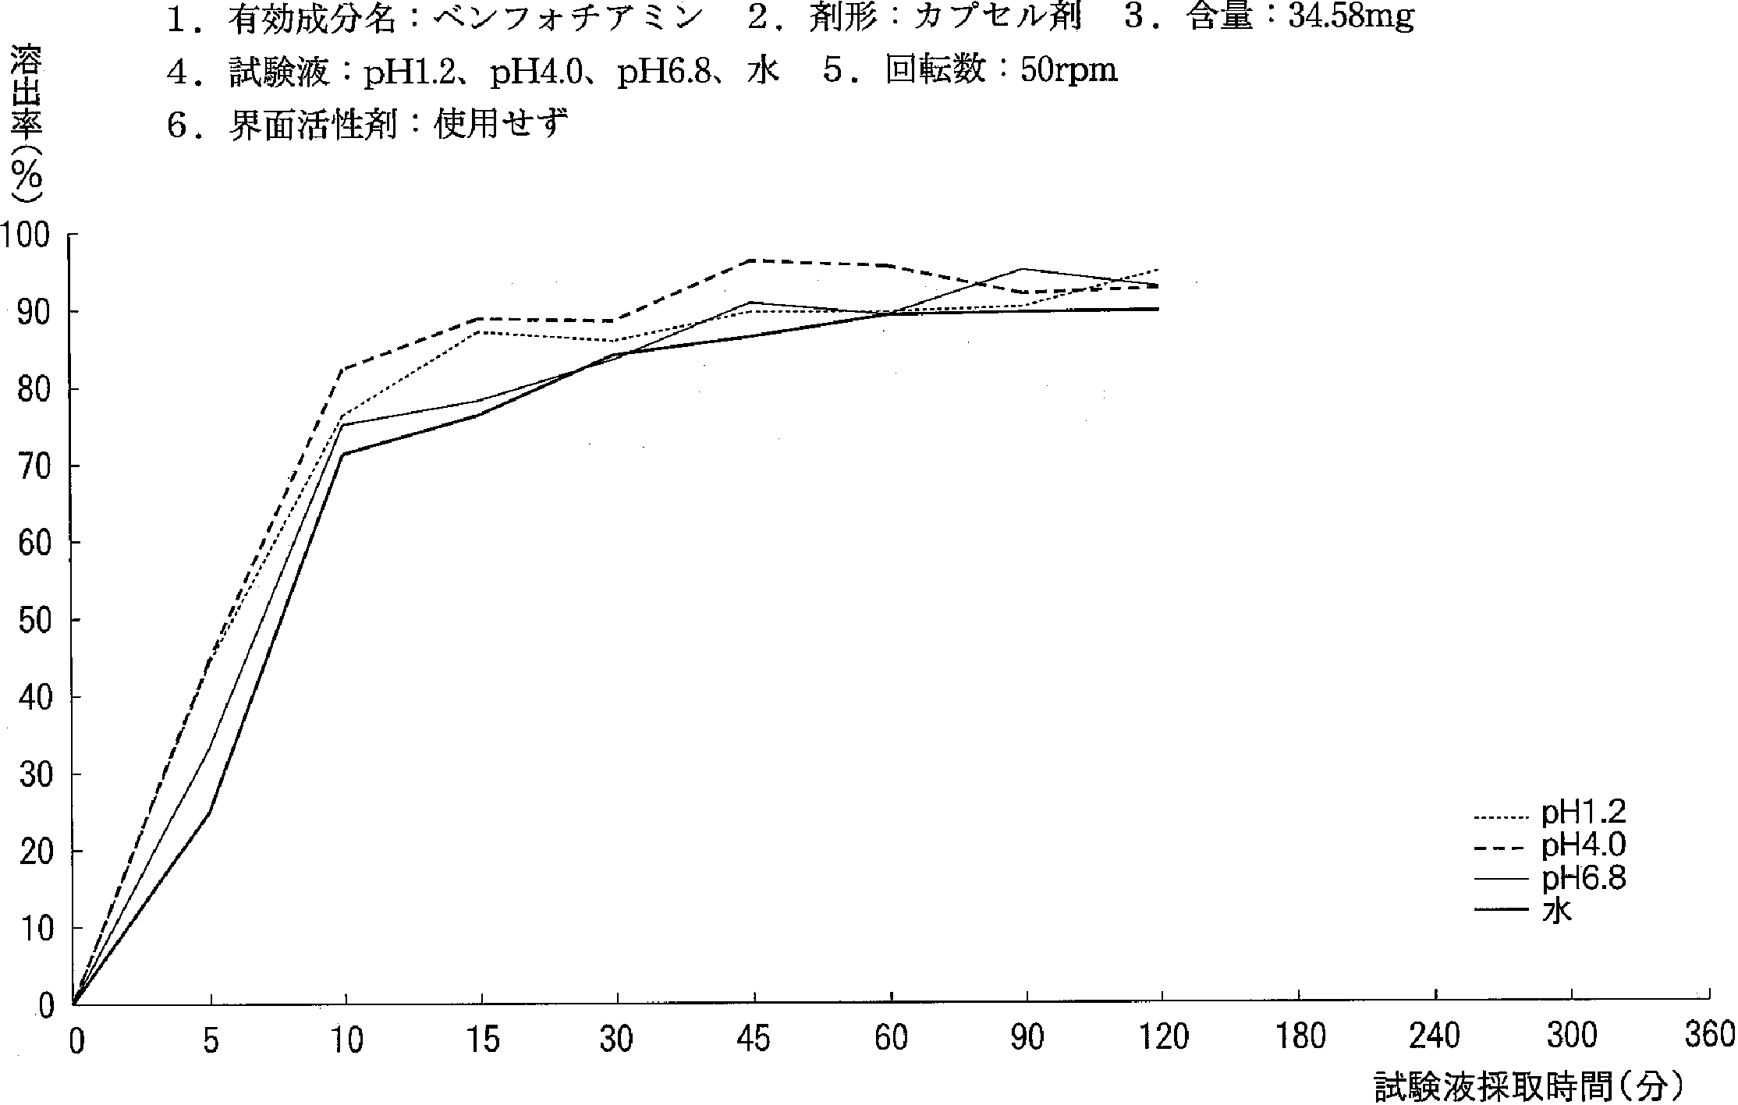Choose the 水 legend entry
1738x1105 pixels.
[1556, 911]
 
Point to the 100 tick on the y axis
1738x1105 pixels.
[27, 235]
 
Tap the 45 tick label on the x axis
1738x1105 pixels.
[754, 1039]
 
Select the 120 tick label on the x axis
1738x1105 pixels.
[1163, 1038]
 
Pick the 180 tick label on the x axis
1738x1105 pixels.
[1300, 1038]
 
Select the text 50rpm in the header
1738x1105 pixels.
[1069, 71]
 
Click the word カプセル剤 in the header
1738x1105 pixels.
[998, 19]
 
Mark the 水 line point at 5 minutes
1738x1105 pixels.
[210, 813]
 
